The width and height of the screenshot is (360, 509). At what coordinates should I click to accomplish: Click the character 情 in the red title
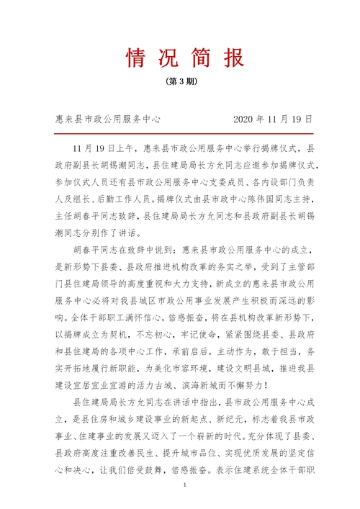click(x=135, y=56)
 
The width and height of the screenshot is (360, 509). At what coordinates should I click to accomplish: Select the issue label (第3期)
click(x=180, y=81)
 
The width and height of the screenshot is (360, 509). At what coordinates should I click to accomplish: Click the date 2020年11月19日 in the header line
click(x=274, y=118)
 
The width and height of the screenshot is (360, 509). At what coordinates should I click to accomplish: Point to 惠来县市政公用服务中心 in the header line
click(x=107, y=118)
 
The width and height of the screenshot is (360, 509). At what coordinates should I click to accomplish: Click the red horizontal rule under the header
click(x=180, y=133)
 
